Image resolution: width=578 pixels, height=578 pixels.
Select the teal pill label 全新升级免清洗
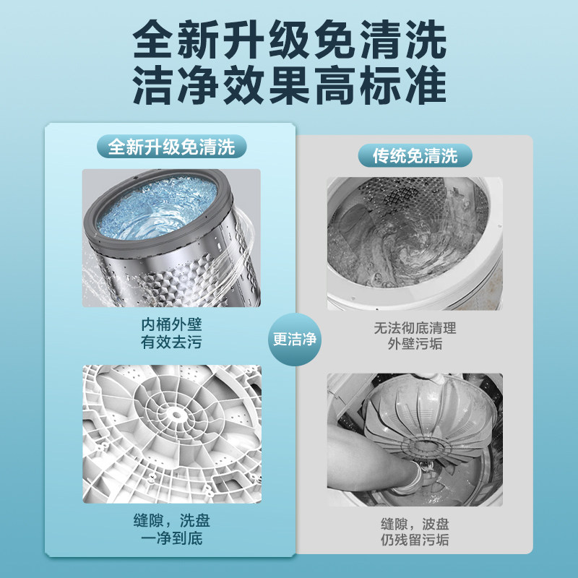(x=171, y=148)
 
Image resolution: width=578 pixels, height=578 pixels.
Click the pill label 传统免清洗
(x=415, y=155)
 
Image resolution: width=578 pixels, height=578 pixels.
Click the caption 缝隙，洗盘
(x=171, y=522)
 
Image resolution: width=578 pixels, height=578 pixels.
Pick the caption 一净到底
(x=171, y=540)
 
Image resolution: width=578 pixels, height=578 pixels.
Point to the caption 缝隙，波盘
(x=415, y=523)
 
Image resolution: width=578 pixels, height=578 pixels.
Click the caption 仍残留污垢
(x=415, y=541)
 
